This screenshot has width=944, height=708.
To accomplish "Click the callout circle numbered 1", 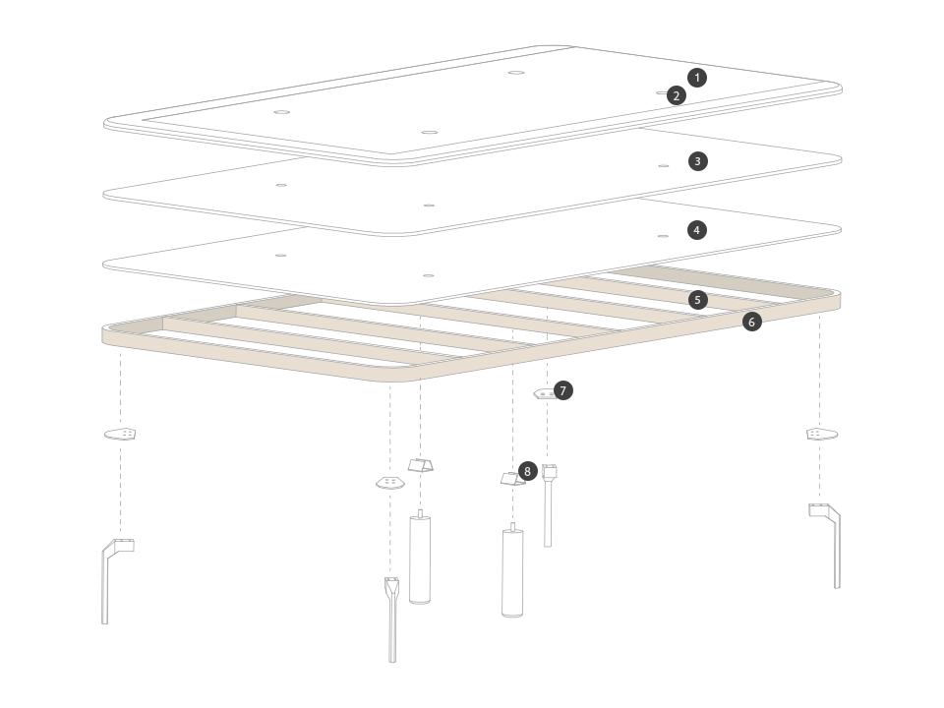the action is click(697, 78).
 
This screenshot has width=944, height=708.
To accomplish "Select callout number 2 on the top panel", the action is click(677, 95).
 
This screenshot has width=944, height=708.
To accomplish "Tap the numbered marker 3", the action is click(698, 161).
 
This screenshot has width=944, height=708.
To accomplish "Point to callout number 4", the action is click(696, 230).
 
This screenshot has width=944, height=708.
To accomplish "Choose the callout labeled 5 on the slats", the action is click(698, 300).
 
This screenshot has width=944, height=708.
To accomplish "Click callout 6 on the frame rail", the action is click(751, 323).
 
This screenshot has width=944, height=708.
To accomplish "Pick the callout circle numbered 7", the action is click(562, 390).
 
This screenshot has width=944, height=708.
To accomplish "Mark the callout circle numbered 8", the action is click(527, 471).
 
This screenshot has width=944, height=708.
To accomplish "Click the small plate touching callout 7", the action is click(545, 394).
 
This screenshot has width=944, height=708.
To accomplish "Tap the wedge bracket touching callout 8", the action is click(511, 479).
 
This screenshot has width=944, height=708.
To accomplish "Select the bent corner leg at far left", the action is click(117, 581).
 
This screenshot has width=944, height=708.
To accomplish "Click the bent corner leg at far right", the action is click(825, 546).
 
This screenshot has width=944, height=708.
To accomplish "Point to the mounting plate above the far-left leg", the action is click(120, 434).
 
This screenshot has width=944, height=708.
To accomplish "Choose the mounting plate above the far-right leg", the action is click(822, 434).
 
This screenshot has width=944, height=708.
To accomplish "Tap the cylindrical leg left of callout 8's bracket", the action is click(420, 557).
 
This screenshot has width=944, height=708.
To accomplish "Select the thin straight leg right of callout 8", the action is click(548, 505).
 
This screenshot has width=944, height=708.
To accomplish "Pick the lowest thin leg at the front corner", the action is click(392, 620).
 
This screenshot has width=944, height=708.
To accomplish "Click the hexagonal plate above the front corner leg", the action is click(390, 483).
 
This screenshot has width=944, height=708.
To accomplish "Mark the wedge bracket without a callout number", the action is click(420, 465).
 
